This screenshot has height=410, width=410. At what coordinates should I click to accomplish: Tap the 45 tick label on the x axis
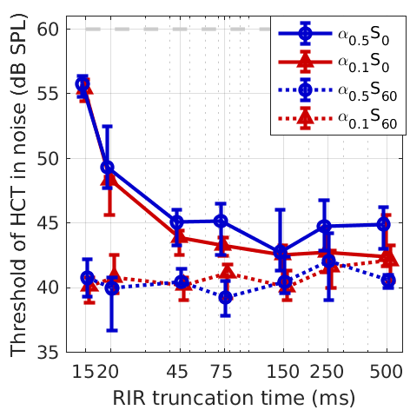[178, 372]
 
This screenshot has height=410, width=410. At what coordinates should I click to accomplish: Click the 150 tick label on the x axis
[281, 372]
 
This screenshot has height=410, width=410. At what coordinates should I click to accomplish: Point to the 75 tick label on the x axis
[222, 372]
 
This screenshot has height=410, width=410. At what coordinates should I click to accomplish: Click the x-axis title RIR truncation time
[233, 397]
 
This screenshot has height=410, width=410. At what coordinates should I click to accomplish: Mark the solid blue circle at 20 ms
[108, 167]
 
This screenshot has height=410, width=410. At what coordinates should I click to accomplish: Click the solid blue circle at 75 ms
[222, 222]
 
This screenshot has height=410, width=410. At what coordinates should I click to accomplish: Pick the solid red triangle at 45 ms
[178, 237]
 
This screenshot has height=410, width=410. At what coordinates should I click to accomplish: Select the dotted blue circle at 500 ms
[387, 281]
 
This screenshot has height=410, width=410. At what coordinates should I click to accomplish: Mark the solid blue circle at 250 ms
[325, 227]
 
